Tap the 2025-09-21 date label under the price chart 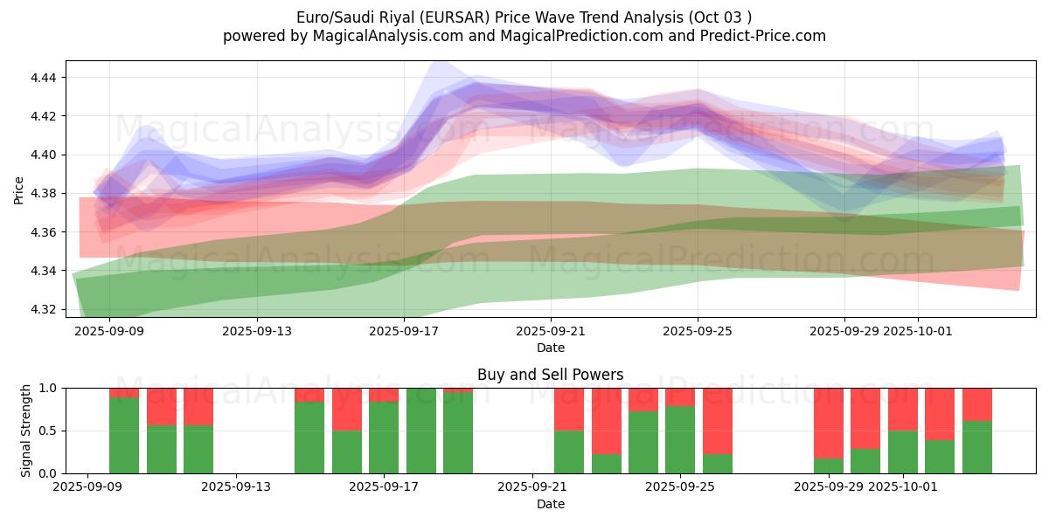click(551, 331)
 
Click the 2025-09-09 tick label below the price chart click(109, 331)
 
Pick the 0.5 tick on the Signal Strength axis click(48, 431)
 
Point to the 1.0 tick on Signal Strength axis click(48, 388)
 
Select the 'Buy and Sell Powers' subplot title click(550, 375)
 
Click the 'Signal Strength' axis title click(26, 431)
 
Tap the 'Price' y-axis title click(19, 189)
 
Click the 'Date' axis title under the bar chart click(550, 504)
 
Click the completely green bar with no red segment click(421, 431)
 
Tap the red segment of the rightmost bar click(977, 404)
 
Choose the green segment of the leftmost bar click(124, 435)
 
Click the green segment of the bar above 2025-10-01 click(903, 452)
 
